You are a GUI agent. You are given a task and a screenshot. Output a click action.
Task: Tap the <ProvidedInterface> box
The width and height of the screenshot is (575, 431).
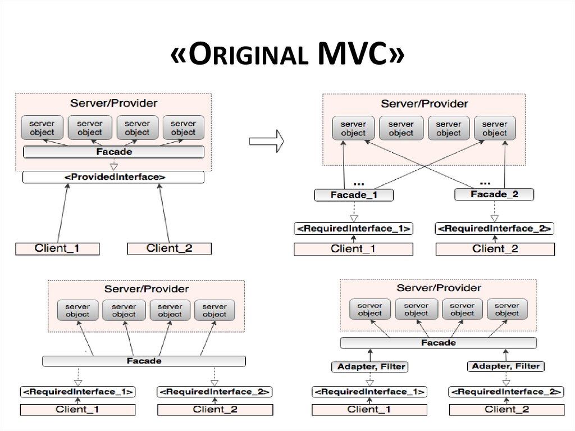pyautogui.click(x=113, y=178)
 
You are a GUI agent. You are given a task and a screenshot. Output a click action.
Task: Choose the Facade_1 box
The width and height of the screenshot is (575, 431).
pyautogui.click(x=353, y=195)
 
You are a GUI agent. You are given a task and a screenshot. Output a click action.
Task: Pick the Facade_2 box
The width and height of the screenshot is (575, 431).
pyautogui.click(x=494, y=194)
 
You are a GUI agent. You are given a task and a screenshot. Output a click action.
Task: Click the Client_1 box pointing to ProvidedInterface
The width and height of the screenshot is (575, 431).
pyautogui.click(x=57, y=248)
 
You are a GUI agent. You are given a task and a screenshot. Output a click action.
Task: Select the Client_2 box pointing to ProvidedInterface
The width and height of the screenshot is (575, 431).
pyautogui.click(x=169, y=248)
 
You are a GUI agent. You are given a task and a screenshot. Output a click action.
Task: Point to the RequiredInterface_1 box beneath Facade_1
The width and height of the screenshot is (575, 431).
pyautogui.click(x=354, y=229)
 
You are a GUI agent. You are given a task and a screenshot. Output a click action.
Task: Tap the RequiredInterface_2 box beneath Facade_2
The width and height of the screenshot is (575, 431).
pyautogui.click(x=495, y=229)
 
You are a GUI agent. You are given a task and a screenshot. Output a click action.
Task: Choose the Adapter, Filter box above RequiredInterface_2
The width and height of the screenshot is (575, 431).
pyautogui.click(x=505, y=366)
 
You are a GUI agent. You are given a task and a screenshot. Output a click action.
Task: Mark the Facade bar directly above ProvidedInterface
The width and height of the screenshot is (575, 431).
pyautogui.click(x=113, y=152)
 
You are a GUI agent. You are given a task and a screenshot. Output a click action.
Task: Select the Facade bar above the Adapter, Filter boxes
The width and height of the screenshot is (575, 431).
pyautogui.click(x=438, y=343)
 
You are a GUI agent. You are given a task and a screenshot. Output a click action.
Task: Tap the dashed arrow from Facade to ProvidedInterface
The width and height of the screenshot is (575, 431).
pyautogui.click(x=113, y=165)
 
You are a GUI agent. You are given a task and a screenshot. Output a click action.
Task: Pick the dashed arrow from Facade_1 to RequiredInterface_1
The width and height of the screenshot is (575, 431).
pyautogui.click(x=354, y=212)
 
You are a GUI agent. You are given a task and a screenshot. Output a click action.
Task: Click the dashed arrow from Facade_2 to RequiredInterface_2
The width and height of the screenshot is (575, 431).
pyautogui.click(x=494, y=212)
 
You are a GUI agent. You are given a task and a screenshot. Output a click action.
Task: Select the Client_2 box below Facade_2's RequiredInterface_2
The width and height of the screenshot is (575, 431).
pyautogui.click(x=495, y=249)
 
